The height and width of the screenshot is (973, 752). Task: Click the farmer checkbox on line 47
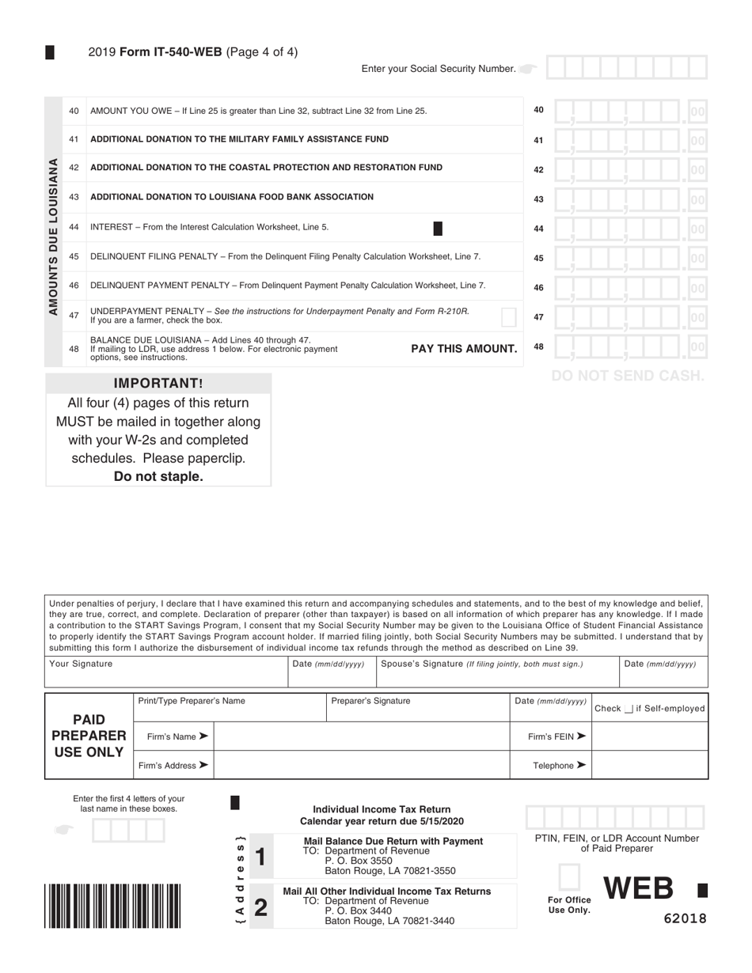509,317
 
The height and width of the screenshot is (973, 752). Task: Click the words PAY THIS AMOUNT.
464,349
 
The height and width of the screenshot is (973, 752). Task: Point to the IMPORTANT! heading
158,384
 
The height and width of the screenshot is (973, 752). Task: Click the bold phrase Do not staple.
158,476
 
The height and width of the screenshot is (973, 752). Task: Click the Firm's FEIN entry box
649,736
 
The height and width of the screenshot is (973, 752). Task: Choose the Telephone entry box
649,765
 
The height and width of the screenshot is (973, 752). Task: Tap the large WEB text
639,890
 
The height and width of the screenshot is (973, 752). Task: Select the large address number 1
261,856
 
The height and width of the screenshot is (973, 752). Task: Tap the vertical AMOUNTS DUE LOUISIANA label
54,237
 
